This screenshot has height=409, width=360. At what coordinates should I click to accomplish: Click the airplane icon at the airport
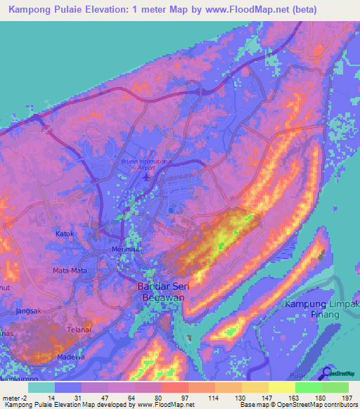coord(146,176)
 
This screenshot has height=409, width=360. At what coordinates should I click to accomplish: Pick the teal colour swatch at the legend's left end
coord(41,387)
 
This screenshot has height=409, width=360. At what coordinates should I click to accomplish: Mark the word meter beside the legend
coord(12,398)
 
